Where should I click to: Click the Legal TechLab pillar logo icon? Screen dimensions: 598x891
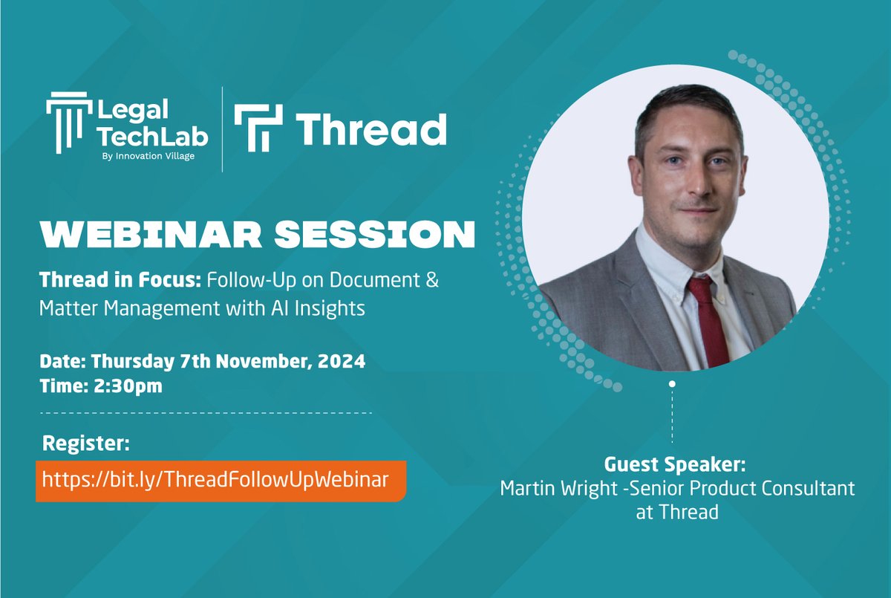click(x=69, y=127)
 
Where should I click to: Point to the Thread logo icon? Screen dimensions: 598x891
click(x=258, y=128)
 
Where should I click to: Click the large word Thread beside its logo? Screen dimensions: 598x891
click(x=371, y=129)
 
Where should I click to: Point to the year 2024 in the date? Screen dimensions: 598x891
click(x=345, y=363)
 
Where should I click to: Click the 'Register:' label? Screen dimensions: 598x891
click(x=86, y=444)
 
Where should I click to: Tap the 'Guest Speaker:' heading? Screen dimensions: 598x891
click(x=674, y=465)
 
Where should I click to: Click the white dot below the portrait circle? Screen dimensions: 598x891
click(x=672, y=384)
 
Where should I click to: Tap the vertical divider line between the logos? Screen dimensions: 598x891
click(x=222, y=129)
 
